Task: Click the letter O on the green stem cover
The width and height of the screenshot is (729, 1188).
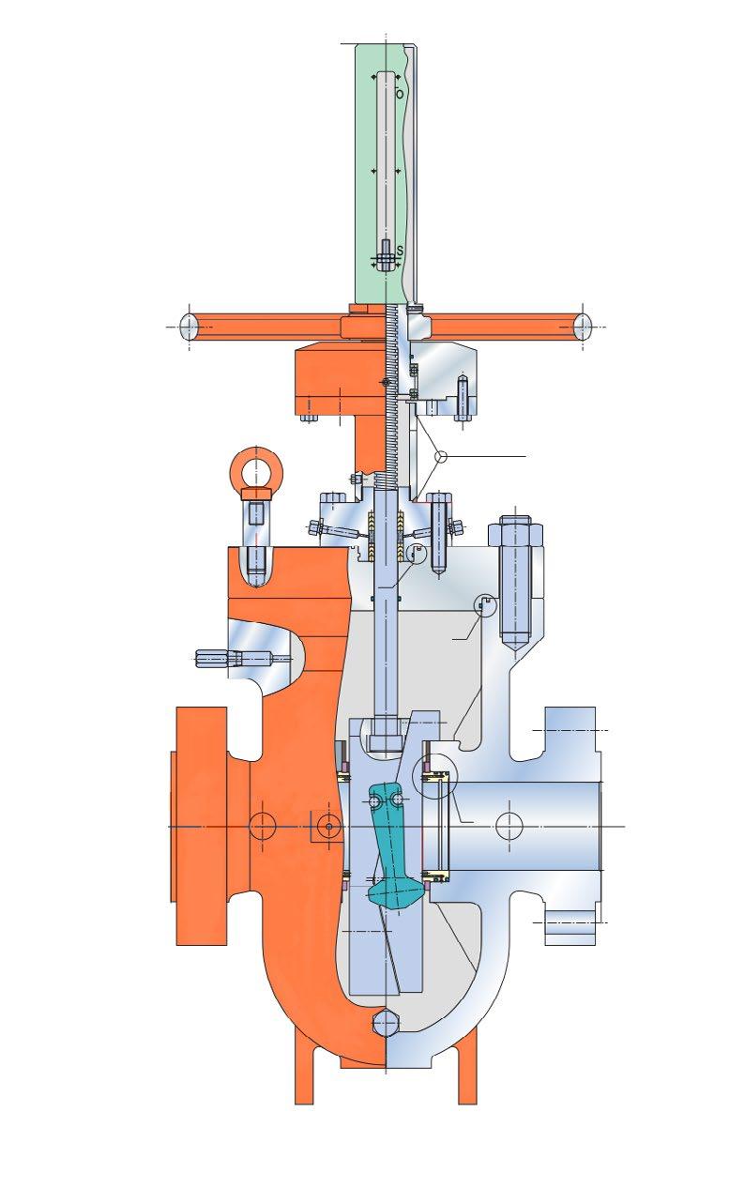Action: [400, 94]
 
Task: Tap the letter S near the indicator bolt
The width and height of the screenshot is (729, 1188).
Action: [400, 250]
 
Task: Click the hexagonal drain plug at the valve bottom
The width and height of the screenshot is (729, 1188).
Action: [386, 1023]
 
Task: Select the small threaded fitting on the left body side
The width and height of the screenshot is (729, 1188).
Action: [219, 659]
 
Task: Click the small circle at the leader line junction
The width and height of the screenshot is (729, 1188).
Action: [440, 455]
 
